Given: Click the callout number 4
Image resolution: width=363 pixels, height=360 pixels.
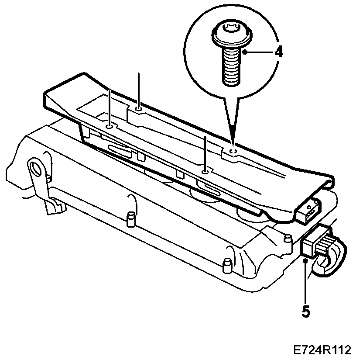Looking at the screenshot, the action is (279, 52).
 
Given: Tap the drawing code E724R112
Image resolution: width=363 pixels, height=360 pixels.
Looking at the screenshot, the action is (322, 350).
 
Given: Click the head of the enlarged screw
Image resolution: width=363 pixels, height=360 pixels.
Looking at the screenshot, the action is (232, 35).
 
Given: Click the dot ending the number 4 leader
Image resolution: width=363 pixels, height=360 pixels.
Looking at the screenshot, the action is (245, 52).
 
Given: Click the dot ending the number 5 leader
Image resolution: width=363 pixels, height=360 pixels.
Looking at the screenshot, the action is (305, 260).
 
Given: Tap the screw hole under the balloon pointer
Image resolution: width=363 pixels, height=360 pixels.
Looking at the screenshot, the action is (233, 152).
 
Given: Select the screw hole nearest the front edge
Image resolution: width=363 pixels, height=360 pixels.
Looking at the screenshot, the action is (205, 172).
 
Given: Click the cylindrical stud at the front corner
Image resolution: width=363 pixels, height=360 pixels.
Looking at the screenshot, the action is (227, 266).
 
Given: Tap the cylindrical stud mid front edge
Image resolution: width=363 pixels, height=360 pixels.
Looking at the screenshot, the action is (131, 219).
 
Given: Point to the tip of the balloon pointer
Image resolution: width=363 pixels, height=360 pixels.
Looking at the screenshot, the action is (233, 143).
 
